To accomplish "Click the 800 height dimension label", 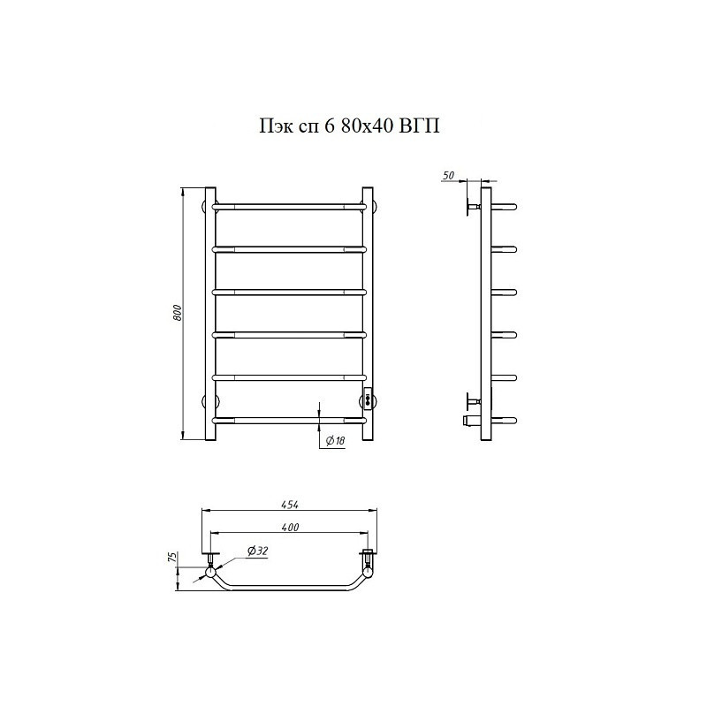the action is click(178, 313).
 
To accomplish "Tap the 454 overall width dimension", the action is click(291, 505).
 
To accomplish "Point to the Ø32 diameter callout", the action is click(257, 551).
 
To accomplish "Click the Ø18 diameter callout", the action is click(335, 440).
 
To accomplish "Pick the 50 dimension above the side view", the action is click(449, 175).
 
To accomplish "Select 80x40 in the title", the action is click(366, 126).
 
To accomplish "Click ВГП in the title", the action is click(420, 126).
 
